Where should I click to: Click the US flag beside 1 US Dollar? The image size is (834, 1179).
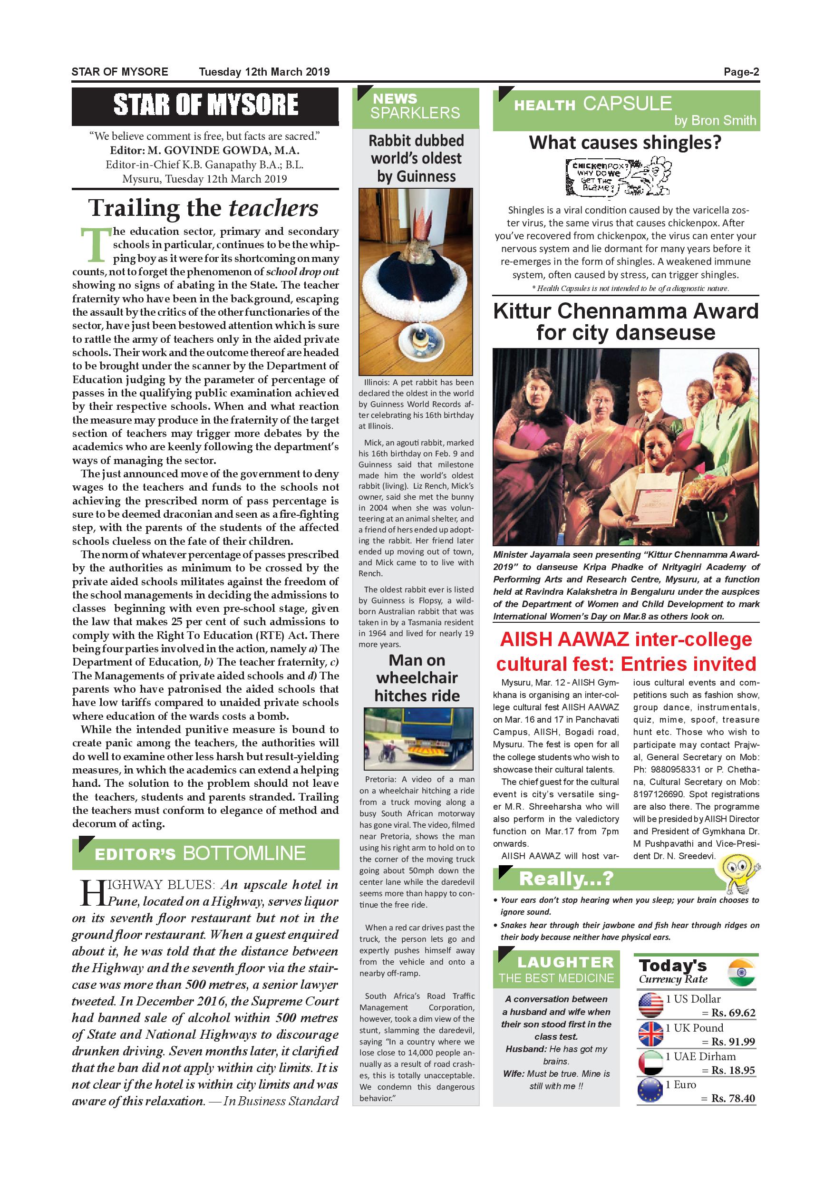[650, 1006]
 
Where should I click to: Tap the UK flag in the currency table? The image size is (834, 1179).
[650, 1034]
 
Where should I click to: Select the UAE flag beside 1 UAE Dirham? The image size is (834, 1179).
[650, 1063]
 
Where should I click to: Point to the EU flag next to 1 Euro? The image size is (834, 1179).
[650, 1091]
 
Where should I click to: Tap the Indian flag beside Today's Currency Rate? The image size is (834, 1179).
[742, 972]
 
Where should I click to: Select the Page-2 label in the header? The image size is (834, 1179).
[741, 72]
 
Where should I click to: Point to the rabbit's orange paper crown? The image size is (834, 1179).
[415, 230]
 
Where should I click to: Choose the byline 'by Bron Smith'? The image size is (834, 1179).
[715, 120]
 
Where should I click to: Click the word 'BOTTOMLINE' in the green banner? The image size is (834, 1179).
[244, 853]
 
